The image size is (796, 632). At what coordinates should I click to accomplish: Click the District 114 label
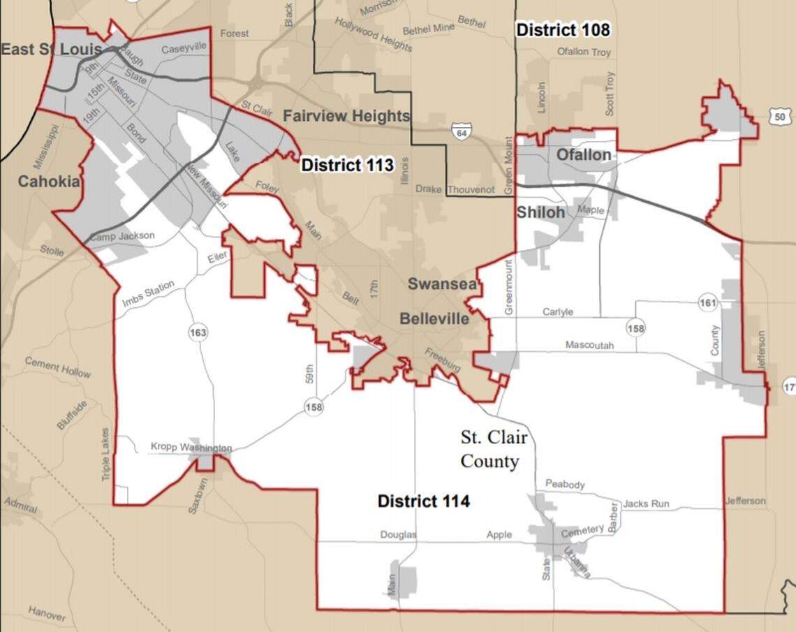[423, 501]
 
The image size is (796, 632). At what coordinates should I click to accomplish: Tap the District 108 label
[563, 30]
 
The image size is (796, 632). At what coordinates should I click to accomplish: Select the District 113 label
[347, 166]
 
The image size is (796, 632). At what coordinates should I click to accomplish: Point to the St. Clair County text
[493, 449]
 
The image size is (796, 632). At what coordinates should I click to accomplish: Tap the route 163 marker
[198, 333]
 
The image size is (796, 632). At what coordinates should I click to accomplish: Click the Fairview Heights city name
[346, 116]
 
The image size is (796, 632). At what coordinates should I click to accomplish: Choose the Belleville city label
[434, 318]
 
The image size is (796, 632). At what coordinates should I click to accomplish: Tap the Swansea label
[443, 284]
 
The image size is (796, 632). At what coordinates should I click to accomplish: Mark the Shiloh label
[540, 212]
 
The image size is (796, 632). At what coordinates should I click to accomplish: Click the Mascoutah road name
[589, 345]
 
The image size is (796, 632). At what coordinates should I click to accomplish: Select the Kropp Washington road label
[191, 447]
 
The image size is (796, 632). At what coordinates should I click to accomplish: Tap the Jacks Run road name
[646, 504]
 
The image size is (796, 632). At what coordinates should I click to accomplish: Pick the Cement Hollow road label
[58, 367]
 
